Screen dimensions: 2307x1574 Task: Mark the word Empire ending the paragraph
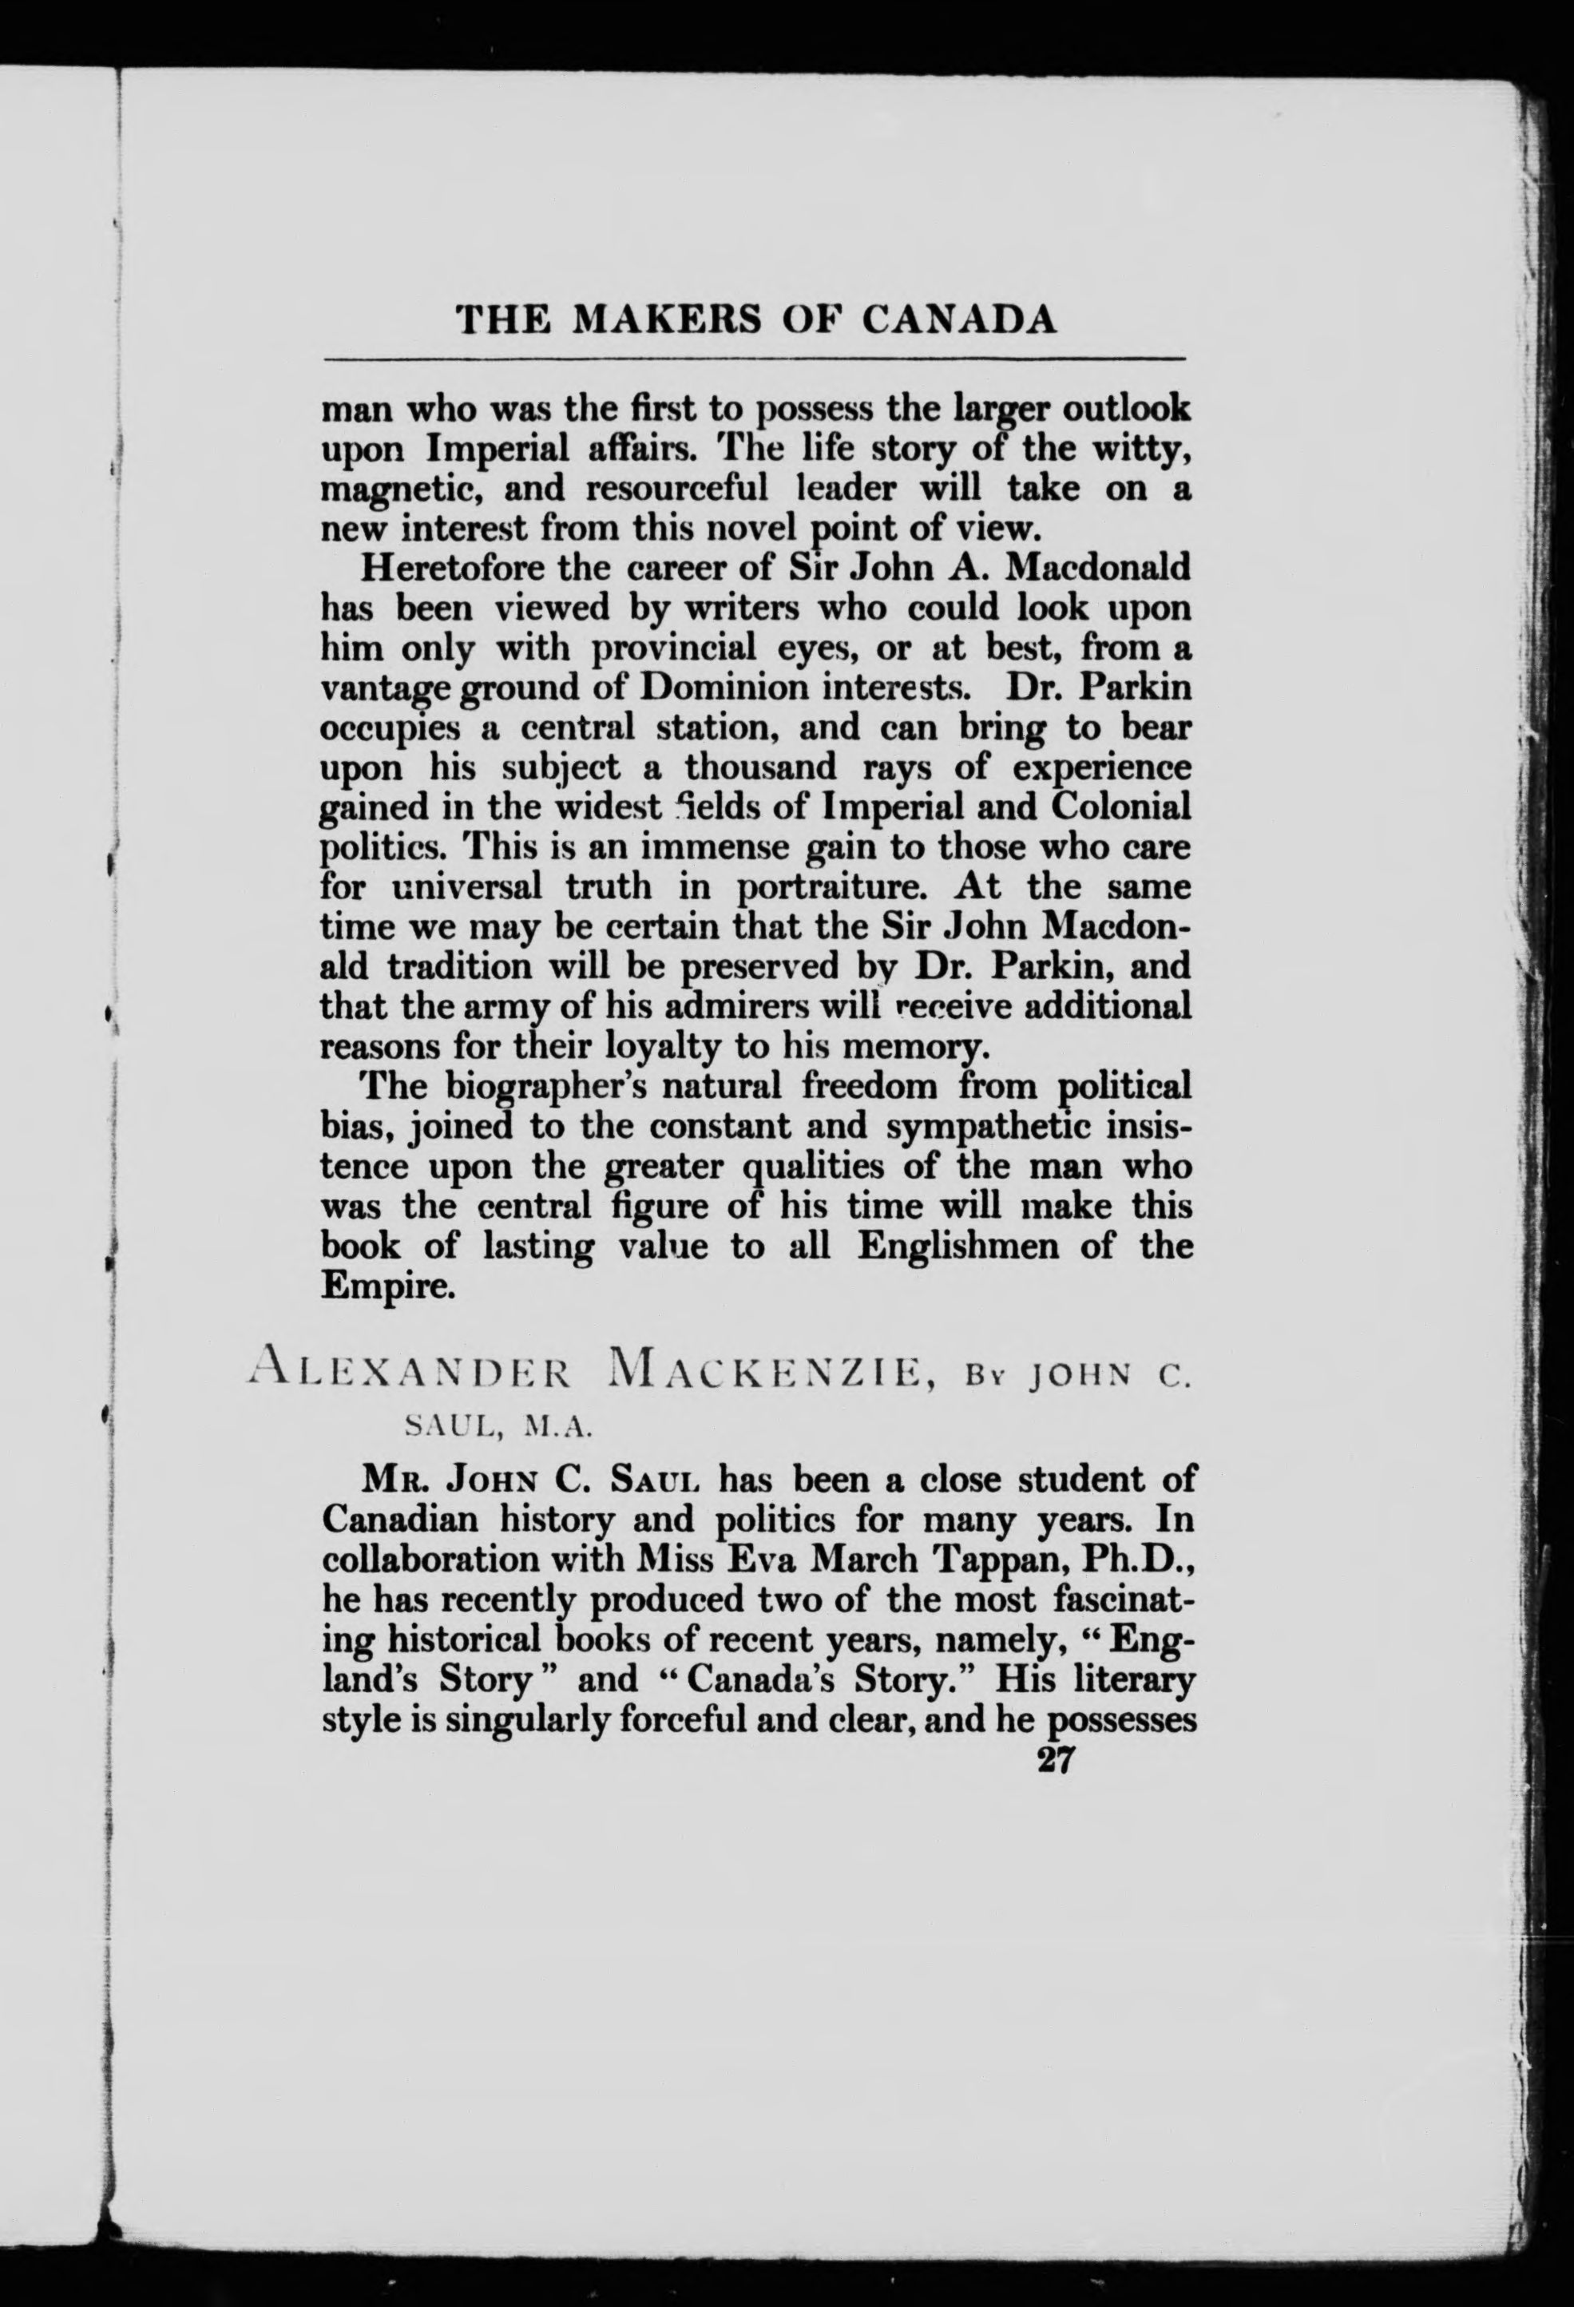point(381,1286)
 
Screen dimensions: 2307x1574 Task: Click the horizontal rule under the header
point(754,359)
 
